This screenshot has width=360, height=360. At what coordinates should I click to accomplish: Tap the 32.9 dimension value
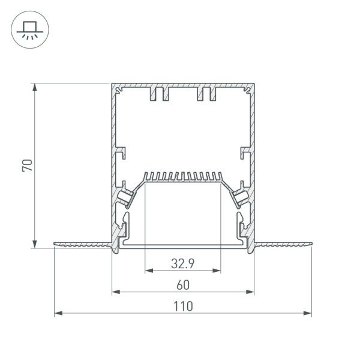click(182, 262)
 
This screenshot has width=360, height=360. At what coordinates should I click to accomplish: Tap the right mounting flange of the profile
click(283, 244)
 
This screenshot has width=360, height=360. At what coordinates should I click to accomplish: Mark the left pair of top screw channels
click(159, 94)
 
